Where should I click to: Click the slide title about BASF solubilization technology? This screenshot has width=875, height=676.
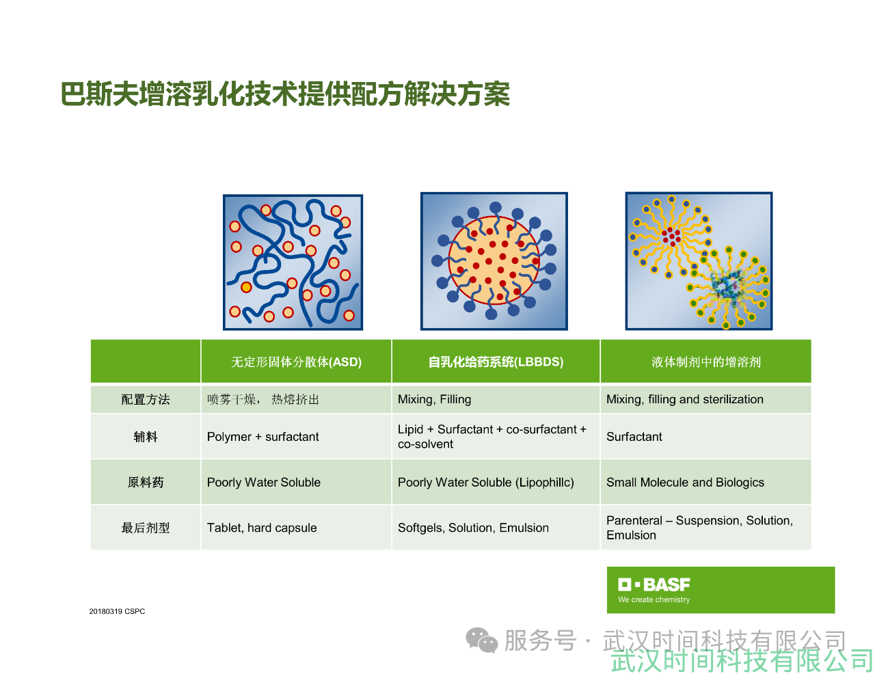coord(285,94)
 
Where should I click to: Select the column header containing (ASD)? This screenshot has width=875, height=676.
coord(296,362)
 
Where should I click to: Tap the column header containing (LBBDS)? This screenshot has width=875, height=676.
coord(496,362)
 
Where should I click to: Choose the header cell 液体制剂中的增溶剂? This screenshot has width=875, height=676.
coord(706,362)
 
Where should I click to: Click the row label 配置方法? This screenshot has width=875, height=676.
coord(146,399)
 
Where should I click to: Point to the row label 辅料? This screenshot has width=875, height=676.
coord(146,437)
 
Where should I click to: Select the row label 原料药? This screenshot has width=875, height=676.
coord(146,482)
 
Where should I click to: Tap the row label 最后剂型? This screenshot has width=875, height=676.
coord(146,528)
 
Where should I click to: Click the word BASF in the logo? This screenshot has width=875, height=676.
coord(667,584)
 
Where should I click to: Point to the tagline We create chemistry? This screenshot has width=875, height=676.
coord(654,599)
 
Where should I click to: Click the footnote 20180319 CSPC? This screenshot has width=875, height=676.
coord(117,611)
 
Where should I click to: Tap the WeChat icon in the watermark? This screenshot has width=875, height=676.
coord(482,640)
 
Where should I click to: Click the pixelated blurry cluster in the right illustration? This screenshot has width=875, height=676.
coord(727,284)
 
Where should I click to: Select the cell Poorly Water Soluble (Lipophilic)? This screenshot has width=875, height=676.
coord(485,482)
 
